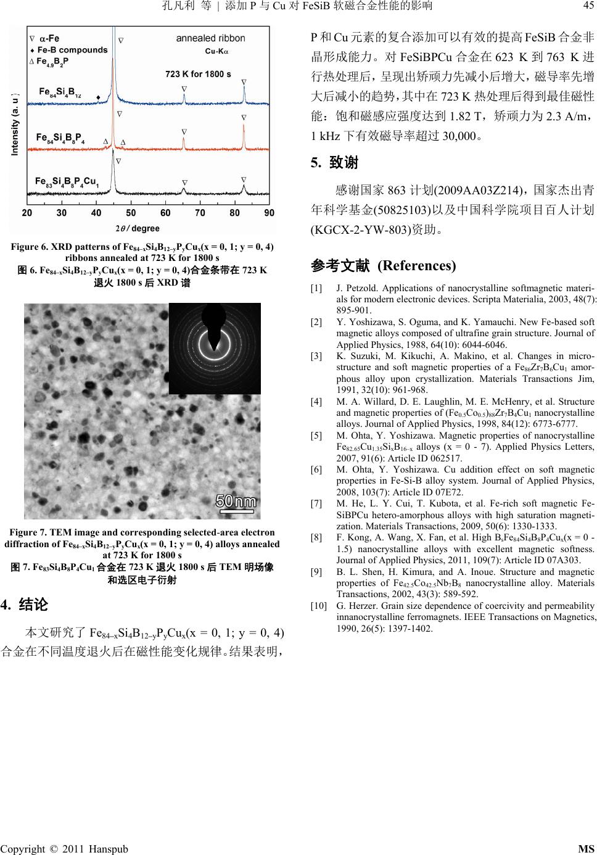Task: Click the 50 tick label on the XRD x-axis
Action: point(131,213)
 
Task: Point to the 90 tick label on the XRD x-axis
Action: point(270,213)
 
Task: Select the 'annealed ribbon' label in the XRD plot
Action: point(210,38)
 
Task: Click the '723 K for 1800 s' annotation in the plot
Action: point(199,74)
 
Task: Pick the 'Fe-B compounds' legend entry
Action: point(72,50)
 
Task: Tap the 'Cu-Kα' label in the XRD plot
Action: point(216,51)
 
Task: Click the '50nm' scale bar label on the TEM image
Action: point(236,501)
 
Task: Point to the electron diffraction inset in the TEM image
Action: point(214,349)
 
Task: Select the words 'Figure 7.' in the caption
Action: point(28,532)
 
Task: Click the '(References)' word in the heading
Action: point(416,266)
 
